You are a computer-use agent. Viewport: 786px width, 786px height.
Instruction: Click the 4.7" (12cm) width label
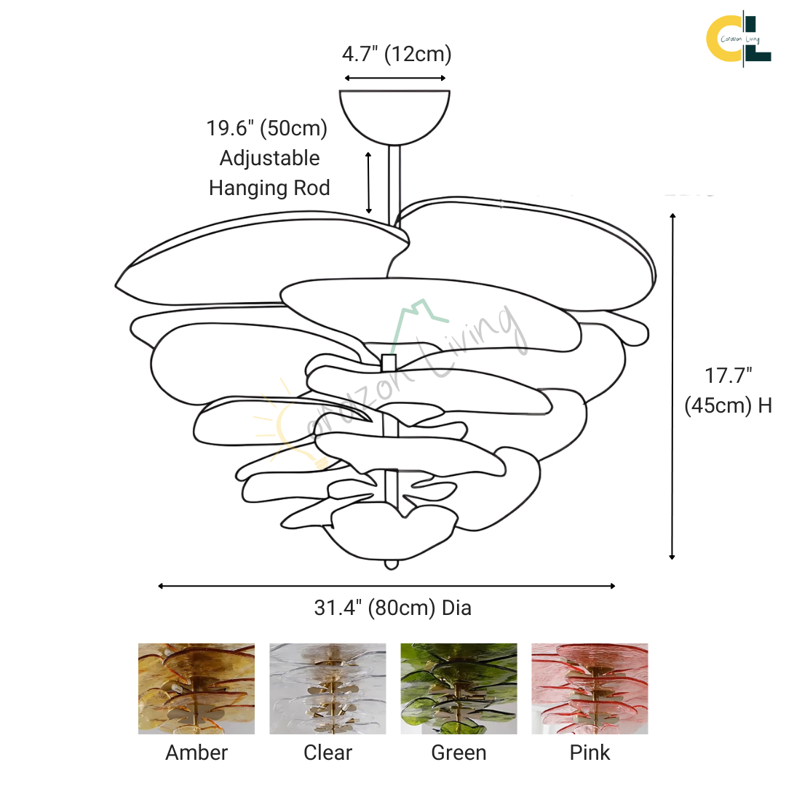point(397,54)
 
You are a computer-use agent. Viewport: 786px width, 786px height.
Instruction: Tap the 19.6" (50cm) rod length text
point(266,128)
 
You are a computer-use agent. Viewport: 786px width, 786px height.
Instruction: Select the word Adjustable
point(270,159)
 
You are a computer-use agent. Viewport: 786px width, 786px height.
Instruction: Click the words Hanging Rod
point(269,188)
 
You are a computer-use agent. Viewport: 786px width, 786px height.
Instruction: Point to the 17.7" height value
point(728,376)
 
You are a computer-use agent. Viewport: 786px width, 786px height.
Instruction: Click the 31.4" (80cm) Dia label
point(392,608)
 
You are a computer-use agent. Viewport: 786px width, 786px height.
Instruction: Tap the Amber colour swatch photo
point(196,688)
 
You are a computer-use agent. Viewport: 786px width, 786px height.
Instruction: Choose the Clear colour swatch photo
point(327,688)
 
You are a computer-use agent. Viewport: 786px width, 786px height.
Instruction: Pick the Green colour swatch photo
point(458,688)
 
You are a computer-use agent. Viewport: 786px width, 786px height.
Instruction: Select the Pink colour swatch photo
point(589,688)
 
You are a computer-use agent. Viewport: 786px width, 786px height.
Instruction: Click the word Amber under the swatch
point(196,753)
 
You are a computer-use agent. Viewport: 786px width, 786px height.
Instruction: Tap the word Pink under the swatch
point(589,753)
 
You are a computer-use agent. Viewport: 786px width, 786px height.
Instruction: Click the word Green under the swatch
point(458,753)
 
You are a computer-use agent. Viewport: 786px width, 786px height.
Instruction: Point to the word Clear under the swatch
point(327,753)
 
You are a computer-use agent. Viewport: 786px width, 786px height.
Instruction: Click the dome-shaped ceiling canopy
point(394,117)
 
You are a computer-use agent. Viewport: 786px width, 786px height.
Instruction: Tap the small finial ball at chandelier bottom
point(391,565)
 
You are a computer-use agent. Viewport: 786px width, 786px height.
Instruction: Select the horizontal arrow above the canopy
point(395,78)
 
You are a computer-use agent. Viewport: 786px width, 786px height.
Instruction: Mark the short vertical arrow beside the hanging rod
point(368,183)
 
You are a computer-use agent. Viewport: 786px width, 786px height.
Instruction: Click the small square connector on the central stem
point(389,362)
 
